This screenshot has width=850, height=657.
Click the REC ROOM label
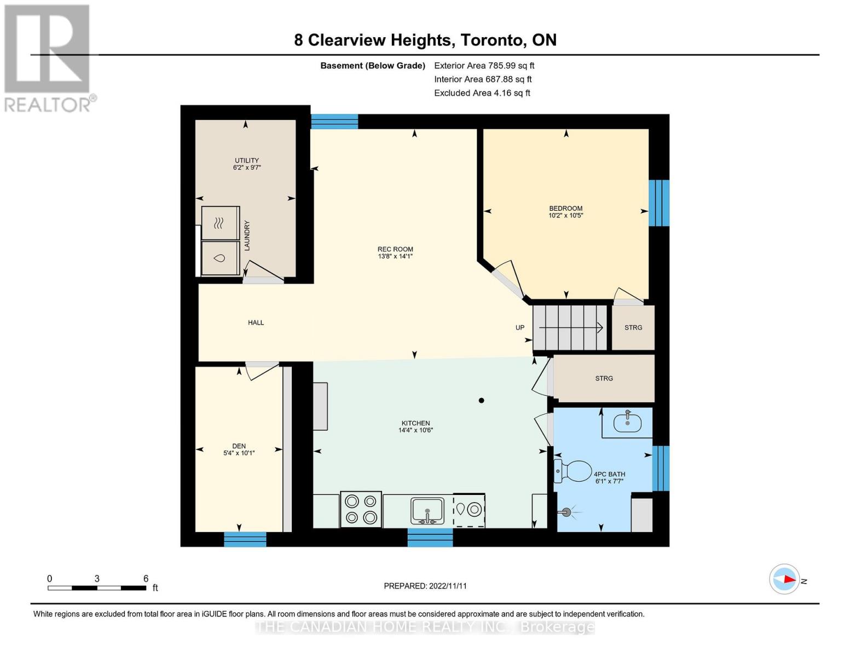395,249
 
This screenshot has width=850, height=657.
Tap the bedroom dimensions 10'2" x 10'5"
565,216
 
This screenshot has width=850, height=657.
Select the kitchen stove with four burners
361,509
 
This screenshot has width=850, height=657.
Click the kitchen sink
427,510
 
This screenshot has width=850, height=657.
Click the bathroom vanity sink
627,422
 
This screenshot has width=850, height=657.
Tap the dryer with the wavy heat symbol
220,223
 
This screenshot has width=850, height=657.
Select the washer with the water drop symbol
220,258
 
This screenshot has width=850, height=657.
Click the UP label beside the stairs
519,328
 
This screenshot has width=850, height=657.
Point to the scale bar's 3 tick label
97,579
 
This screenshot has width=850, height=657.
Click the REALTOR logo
48,57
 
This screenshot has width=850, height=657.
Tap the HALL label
256,322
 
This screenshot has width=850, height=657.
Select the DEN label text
239,446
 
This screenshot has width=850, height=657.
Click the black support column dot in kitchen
481,400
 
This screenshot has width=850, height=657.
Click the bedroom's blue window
658,203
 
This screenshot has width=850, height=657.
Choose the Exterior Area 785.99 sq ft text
484,66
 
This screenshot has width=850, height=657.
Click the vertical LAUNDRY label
247,235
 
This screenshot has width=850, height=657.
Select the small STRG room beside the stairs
633,327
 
